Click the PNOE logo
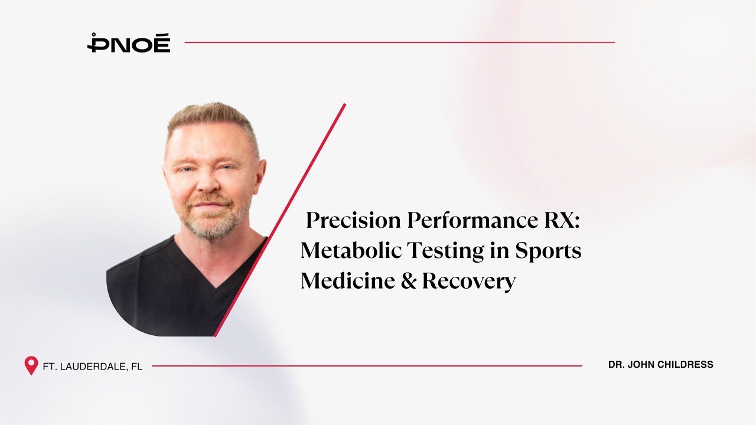[129, 43]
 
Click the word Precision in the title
[353, 221]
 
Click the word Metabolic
[350, 251]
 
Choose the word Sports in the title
[548, 251]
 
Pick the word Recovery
[469, 282]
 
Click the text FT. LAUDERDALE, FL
[93, 367]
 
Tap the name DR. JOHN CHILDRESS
[660, 365]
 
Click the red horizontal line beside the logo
[399, 42]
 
